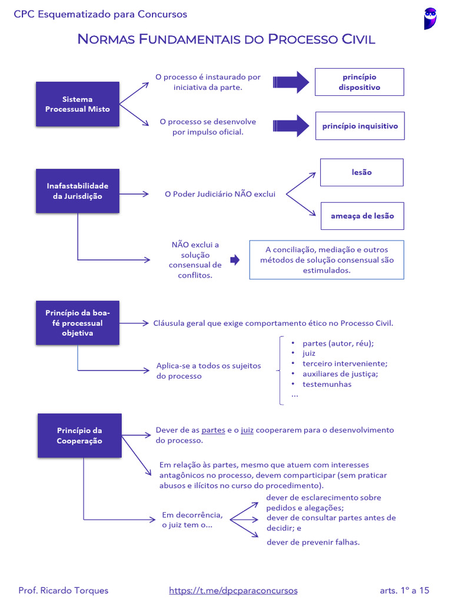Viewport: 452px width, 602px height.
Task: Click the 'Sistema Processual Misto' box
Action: click(x=78, y=104)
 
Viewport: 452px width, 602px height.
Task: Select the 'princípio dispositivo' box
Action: click(x=359, y=82)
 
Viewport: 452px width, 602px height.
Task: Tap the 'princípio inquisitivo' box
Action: click(x=360, y=126)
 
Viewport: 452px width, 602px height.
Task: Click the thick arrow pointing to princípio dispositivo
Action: click(x=291, y=82)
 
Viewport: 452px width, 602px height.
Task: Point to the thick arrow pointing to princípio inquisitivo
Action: click(x=291, y=125)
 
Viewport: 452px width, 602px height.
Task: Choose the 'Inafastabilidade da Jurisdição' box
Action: click(x=78, y=191)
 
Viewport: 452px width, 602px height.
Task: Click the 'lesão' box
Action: click(x=361, y=172)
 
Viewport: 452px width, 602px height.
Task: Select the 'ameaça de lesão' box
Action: click(x=362, y=216)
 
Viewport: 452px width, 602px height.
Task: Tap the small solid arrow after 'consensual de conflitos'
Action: click(x=235, y=260)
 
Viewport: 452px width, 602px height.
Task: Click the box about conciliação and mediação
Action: click(x=327, y=260)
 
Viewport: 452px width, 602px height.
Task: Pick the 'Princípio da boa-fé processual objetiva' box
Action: click(x=78, y=323)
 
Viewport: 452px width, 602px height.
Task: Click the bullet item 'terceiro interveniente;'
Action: click(x=345, y=363)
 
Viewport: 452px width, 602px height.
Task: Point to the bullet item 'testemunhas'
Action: click(x=327, y=384)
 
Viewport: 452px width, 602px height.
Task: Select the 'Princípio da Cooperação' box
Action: click(x=79, y=436)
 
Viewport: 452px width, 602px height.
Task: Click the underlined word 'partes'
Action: click(x=213, y=430)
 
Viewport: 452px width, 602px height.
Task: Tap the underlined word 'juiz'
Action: click(x=247, y=430)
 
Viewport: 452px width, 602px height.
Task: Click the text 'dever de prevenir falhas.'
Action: click(x=313, y=542)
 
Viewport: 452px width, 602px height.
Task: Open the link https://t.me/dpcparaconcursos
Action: click(x=233, y=590)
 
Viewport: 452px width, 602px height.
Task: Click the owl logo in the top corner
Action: click(x=430, y=18)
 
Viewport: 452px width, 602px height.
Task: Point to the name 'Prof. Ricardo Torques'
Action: click(x=64, y=590)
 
